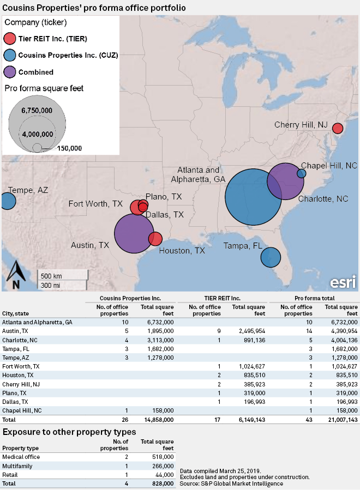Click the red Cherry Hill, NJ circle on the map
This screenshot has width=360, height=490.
coord(338,129)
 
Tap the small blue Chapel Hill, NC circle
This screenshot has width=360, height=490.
coord(301,173)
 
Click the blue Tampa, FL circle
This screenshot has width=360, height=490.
coord(270,257)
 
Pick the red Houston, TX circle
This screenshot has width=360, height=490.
coord(155,239)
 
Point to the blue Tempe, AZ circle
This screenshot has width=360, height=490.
coord(7,201)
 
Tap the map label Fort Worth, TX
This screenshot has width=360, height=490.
coord(95,204)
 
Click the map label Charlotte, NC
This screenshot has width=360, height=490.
coord(323,199)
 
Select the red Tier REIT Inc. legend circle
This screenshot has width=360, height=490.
coord(10,39)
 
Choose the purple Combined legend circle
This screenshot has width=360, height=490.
coord(10,72)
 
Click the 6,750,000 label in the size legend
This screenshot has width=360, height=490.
coord(37,110)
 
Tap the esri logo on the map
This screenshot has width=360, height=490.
coord(343,282)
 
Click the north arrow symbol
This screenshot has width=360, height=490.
coord(16,275)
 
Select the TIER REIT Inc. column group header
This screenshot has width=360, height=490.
coord(226,298)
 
